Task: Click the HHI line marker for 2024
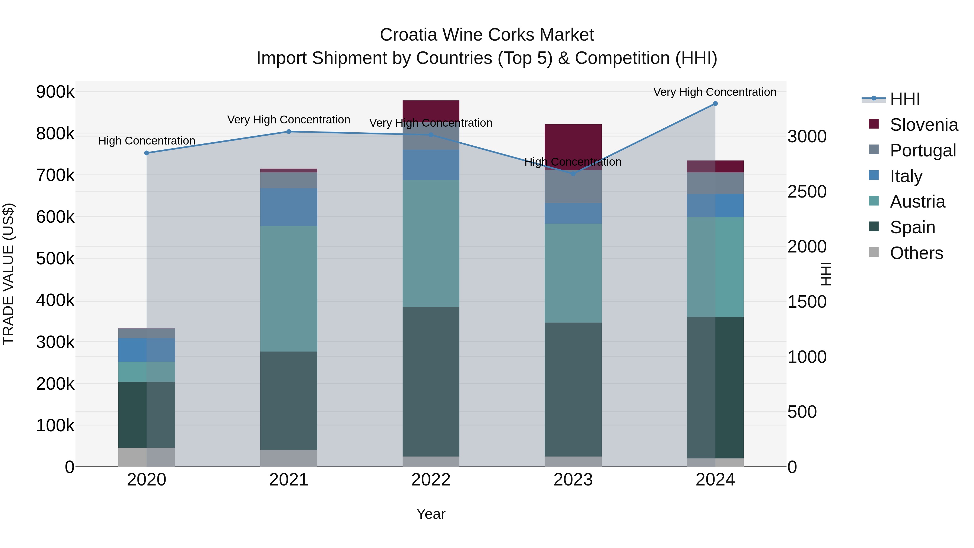715,104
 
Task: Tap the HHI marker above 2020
147,153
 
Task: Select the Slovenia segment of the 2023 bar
573,140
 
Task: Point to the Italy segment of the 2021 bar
288,207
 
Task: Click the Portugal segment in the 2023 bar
573,187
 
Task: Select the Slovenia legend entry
924,125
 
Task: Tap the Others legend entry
916,253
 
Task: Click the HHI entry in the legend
905,99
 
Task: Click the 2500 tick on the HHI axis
807,192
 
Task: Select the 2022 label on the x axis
431,480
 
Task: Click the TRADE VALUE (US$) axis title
9,274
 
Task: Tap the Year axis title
431,514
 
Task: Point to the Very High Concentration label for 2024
715,92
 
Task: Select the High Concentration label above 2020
147,141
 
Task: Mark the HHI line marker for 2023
573,173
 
